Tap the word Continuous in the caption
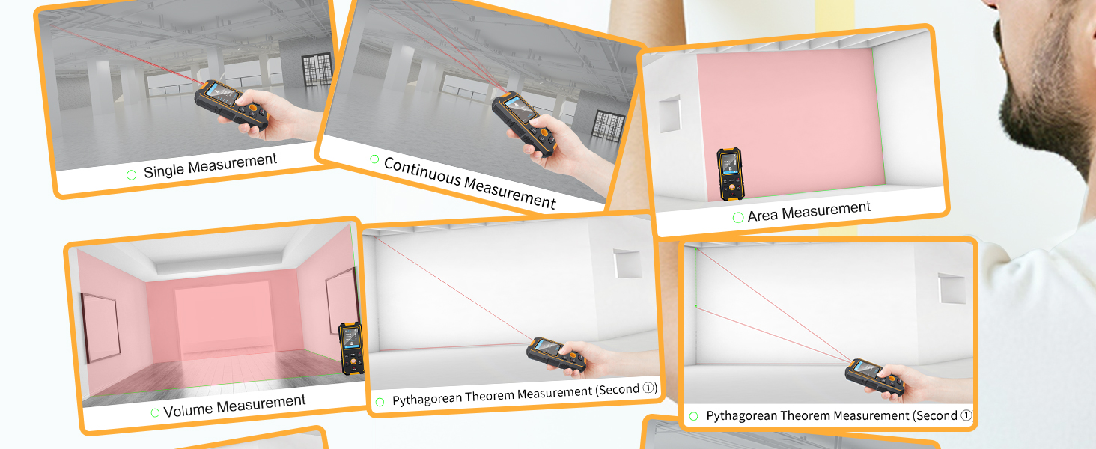[421, 172]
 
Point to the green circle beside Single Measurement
[132, 174]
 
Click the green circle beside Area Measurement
[737, 218]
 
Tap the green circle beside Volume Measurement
[155, 412]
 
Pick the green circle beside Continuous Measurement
[374, 159]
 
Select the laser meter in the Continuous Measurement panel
[523, 120]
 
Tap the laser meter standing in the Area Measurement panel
[729, 174]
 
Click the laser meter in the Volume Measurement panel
[350, 347]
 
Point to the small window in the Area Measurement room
[669, 113]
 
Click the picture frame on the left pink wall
[100, 327]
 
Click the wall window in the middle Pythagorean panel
[627, 263]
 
